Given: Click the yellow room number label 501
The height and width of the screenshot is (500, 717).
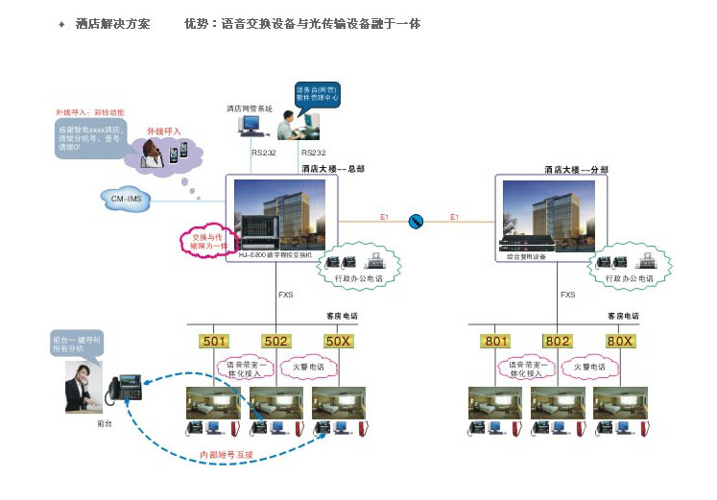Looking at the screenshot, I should [x=214, y=341].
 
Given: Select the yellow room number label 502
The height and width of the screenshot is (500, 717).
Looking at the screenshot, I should [x=275, y=341].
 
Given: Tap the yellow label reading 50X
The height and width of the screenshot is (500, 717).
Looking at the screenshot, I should [x=337, y=341].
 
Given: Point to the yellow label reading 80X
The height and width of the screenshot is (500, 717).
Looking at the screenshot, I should [x=619, y=341].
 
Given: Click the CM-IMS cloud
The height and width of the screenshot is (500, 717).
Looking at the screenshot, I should [x=127, y=199].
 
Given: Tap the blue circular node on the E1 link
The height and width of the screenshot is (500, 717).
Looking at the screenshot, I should [x=417, y=222].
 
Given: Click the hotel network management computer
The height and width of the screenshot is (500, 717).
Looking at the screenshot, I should [x=250, y=126].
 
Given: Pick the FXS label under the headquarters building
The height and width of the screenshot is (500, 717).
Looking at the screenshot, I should [x=285, y=295].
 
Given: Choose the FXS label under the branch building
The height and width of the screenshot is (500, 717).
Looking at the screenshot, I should [x=567, y=295].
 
